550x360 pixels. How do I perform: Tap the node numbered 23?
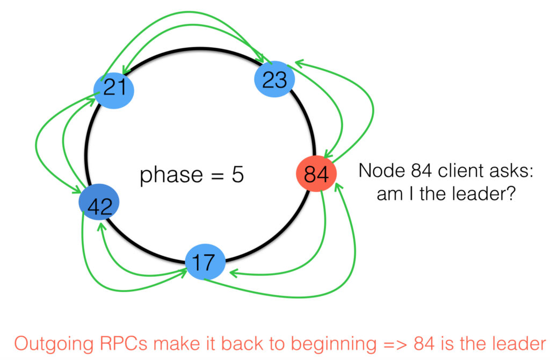[274, 80]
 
